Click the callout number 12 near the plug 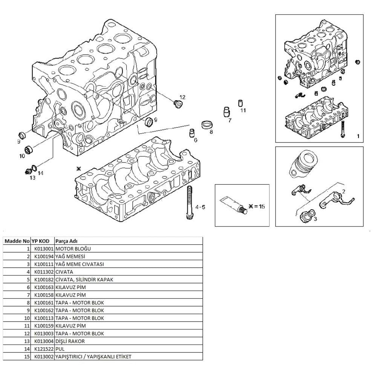tap(182, 97)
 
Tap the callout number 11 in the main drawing tap(243, 110)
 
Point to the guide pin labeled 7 tap(227, 112)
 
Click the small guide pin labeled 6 tap(192, 133)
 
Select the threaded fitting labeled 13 tap(27, 172)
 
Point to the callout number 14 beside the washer tap(40, 173)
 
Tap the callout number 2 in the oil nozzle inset tap(344, 191)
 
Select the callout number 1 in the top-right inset tap(358, 135)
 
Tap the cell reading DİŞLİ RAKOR tap(70, 341)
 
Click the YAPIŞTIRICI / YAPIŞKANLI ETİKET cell tap(93, 357)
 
